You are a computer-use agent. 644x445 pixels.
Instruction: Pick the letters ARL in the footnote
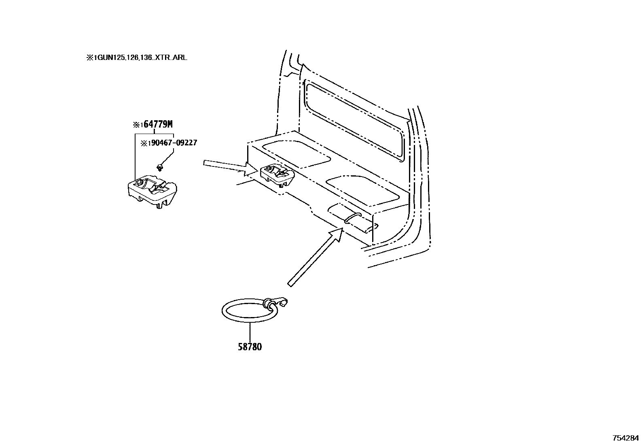tap(180, 58)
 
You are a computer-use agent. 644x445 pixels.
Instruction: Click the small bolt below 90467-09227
tap(159, 166)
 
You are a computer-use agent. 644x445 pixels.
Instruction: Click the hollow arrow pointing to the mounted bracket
tap(229, 166)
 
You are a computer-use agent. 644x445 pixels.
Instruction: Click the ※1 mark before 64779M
tap(138, 125)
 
